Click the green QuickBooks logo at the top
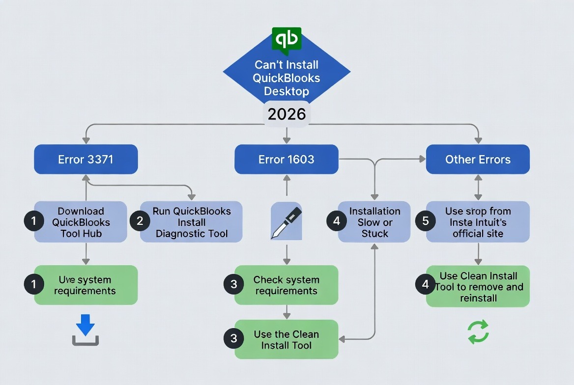(287, 39)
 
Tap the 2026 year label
(287, 114)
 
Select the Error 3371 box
(86, 160)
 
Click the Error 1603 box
(287, 160)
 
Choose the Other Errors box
(478, 160)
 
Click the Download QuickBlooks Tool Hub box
(81, 222)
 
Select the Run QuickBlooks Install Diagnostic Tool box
(192, 222)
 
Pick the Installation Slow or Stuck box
(374, 222)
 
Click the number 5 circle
(426, 221)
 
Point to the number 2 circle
(140, 221)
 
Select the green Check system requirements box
(287, 285)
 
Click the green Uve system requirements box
(86, 285)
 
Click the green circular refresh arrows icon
(478, 331)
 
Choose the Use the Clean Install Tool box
(287, 339)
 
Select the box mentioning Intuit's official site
(478, 222)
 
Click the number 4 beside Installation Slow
(337, 221)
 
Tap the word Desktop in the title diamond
(287, 91)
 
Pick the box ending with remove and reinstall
(478, 286)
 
